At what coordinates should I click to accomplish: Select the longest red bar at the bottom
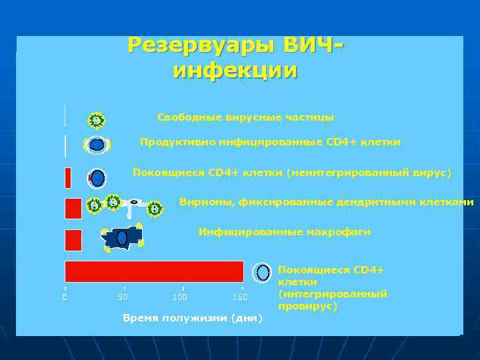[154, 271]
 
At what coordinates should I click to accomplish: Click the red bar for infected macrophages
[73, 240]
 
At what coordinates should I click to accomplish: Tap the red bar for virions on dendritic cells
[73, 208]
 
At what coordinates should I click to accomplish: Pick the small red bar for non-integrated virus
[67, 178]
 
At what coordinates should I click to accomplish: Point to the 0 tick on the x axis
[65, 297]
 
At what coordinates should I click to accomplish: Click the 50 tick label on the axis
[122, 297]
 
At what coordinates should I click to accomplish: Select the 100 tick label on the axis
[179, 297]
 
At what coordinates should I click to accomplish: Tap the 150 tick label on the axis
[239, 297]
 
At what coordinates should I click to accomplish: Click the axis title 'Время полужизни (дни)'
[193, 318]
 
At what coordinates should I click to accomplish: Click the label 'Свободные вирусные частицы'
[245, 117]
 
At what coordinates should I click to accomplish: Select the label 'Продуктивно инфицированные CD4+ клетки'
[270, 142]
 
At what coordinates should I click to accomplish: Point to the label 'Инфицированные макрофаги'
[284, 232]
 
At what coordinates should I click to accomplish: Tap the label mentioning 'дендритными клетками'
[327, 202]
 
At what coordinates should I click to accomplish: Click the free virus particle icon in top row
[97, 121]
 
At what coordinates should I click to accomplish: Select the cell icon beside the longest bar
[263, 272]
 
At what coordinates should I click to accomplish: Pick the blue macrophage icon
[122, 238]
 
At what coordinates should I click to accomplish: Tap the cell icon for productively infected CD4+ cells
[97, 145]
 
